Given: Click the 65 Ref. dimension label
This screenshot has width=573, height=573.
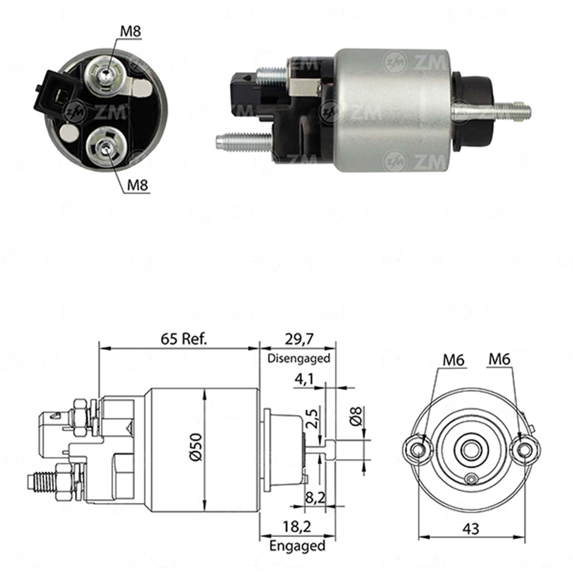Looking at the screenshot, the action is point(184,338).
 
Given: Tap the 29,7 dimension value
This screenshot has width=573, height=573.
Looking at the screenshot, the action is point(299,339).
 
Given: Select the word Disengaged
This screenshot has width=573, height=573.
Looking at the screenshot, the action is point(299,358).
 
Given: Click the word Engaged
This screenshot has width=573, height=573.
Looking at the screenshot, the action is point(297,545).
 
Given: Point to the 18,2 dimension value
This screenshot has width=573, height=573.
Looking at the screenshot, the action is point(297,527).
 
